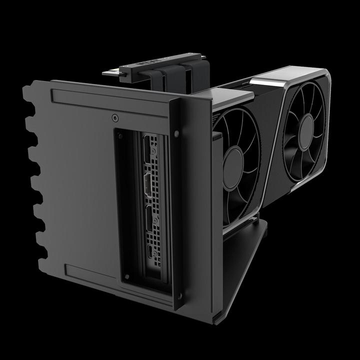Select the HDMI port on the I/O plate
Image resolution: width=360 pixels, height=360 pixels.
click(x=149, y=186)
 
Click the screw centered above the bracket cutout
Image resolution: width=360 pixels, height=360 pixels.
click(x=115, y=118)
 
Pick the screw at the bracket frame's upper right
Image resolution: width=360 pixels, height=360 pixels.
click(x=176, y=133)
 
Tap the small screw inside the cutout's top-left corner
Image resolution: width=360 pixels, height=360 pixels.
click(x=120, y=134)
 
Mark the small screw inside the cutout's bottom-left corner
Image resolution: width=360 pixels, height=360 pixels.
click(x=126, y=276)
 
